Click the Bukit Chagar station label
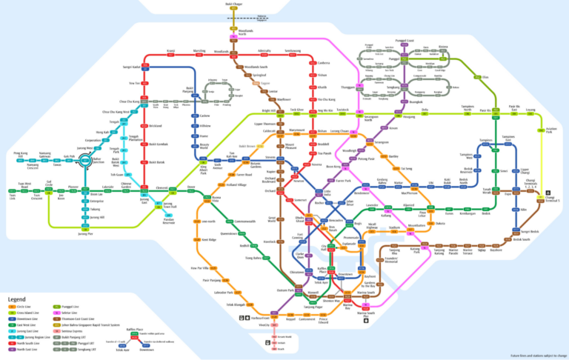point(234,4)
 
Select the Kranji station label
point(170,50)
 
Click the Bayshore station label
point(496,250)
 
